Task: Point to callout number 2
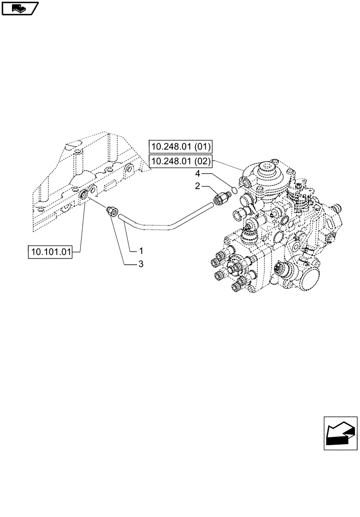tap(198, 186)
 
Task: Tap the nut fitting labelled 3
tap(111, 211)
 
